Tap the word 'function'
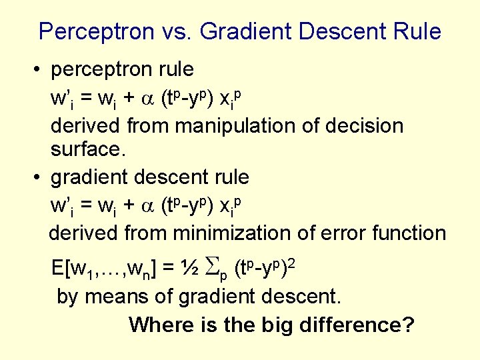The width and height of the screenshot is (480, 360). (413, 233)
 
